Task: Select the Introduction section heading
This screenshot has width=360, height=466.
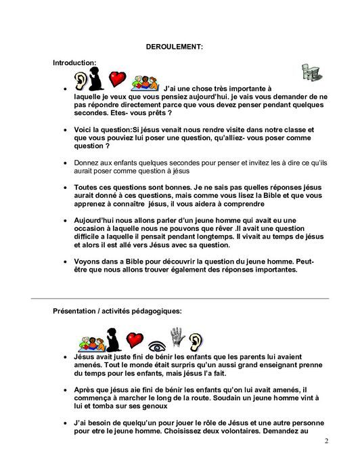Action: [74, 62]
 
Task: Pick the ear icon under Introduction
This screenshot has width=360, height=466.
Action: [81, 79]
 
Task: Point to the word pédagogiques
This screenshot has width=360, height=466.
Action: [156, 311]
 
